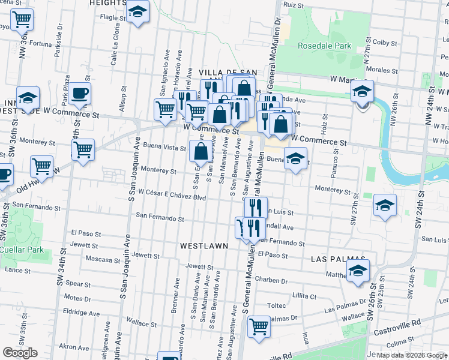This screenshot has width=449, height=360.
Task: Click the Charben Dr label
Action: click(271, 280)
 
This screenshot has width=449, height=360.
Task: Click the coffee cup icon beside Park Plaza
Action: click(79, 93)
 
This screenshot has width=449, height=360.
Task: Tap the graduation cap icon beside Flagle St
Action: click(138, 11)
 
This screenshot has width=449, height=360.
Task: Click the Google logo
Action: click(20, 353)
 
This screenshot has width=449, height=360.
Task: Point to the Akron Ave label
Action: click(74, 347)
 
